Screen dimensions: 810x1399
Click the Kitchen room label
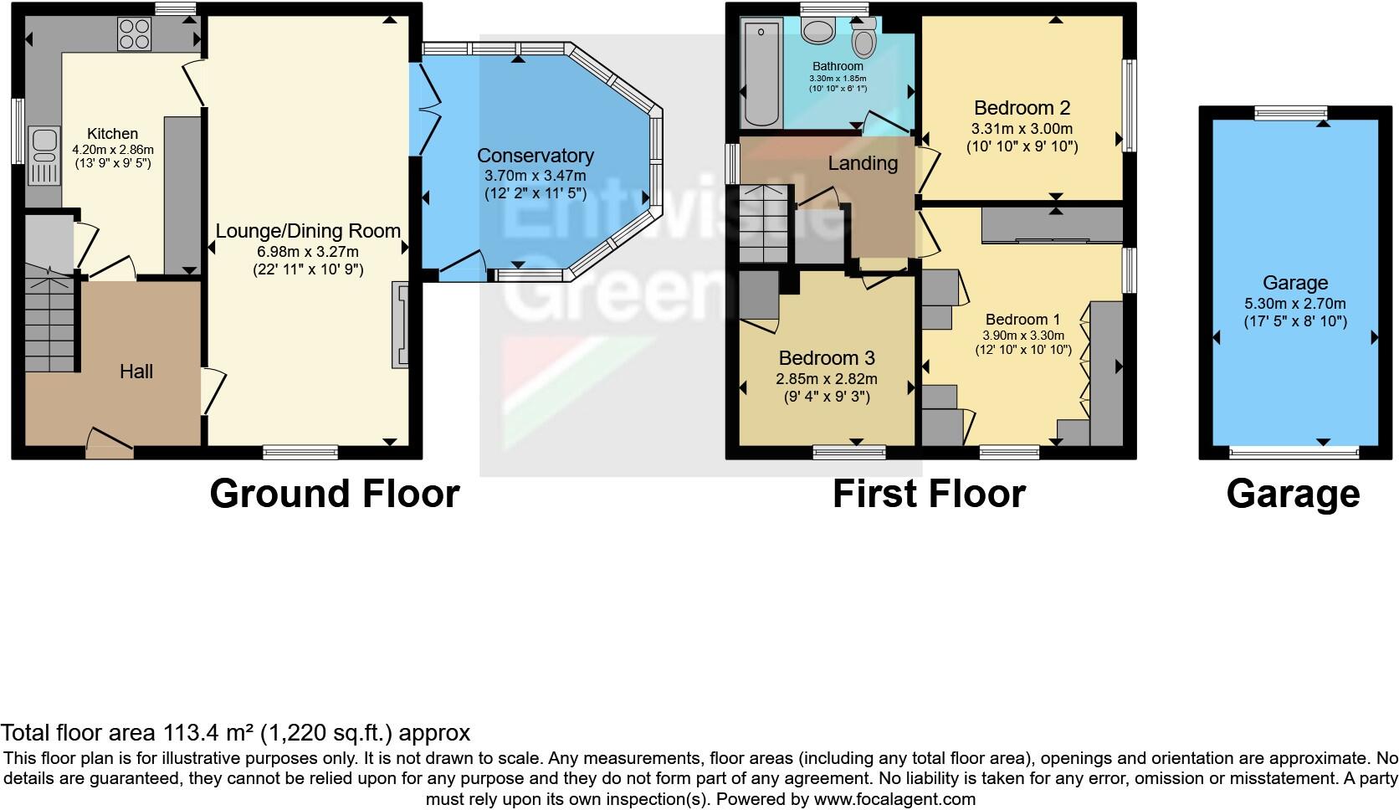(x=113, y=133)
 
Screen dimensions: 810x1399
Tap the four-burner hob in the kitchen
(x=135, y=33)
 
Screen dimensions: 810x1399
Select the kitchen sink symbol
(x=43, y=155)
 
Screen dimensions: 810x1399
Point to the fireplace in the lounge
(x=401, y=324)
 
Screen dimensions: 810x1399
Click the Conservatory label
(x=536, y=156)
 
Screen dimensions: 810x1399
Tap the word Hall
(x=136, y=372)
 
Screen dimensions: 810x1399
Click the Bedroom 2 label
(x=1022, y=108)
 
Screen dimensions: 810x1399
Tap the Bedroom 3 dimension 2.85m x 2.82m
(x=826, y=378)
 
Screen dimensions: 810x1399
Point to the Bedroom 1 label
(x=1022, y=320)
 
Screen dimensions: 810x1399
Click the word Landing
(x=863, y=163)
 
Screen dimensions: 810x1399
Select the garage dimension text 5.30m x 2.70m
(x=1295, y=304)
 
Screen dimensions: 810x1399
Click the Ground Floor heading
(x=334, y=494)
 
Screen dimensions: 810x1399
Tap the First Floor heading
(x=929, y=494)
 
